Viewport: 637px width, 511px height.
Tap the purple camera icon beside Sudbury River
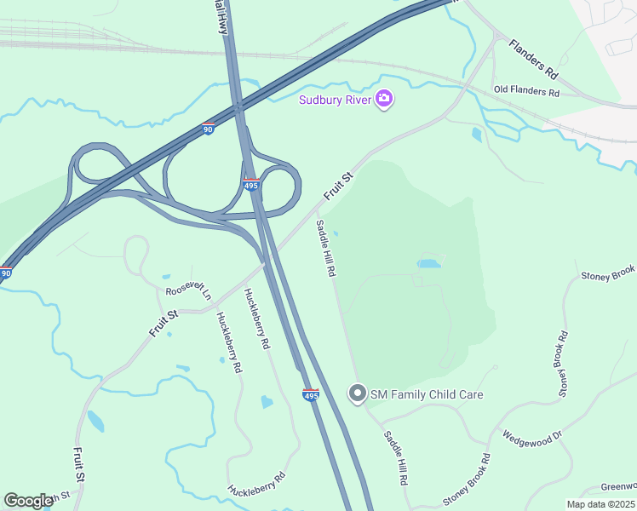[x=384, y=100]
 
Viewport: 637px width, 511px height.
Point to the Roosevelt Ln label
[x=188, y=290]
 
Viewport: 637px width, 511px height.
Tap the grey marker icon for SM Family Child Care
[x=358, y=393]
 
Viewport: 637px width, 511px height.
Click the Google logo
[x=28, y=501]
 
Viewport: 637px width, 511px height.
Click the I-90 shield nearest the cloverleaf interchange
[x=208, y=129]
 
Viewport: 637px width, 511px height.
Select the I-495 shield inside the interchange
[x=252, y=184]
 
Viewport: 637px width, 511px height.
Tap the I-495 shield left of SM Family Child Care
[x=311, y=395]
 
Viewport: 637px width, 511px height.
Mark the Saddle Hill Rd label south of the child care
[x=395, y=458]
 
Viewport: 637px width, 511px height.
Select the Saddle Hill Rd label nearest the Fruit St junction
[x=326, y=249]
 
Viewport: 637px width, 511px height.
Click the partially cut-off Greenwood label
[x=618, y=486]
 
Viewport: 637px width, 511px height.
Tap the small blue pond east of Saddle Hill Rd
[x=429, y=263]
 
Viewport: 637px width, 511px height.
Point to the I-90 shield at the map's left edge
[x=6, y=273]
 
